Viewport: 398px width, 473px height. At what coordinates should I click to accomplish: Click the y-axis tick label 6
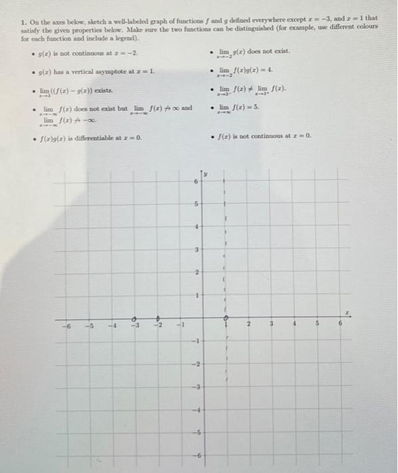196,182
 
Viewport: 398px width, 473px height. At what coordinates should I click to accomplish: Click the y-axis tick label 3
196,251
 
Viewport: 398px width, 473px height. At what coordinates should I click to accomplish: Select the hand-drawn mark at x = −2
158,318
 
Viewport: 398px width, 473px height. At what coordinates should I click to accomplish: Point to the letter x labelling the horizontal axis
347,312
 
